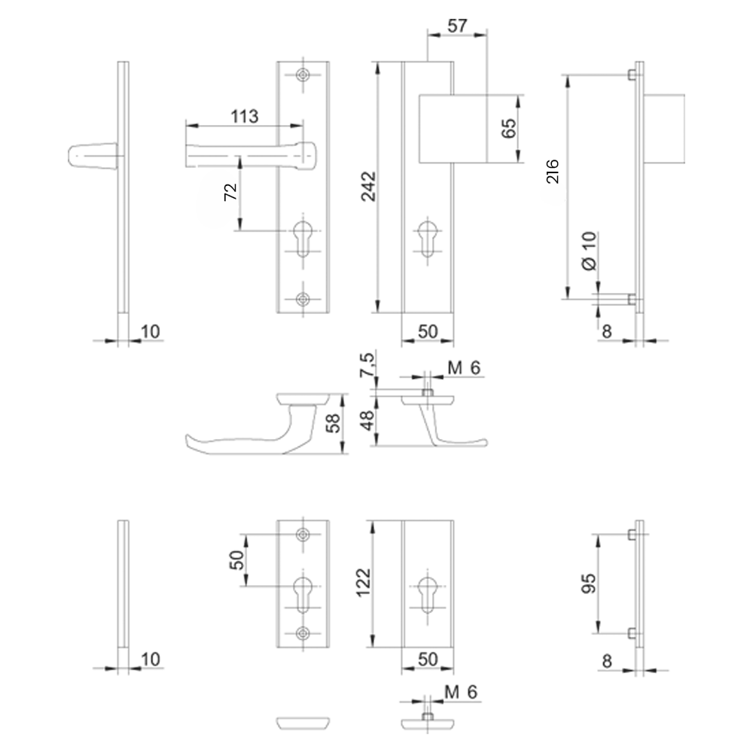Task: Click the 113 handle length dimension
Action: pos(245,116)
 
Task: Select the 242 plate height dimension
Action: pos(369,186)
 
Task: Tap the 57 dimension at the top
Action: pos(457,26)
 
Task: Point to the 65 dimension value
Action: pos(509,128)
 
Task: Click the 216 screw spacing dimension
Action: pos(553,172)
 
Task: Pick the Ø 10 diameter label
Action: pos(590,251)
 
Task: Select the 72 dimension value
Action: pos(231,192)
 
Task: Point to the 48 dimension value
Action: pos(367,421)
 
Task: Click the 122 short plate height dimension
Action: pos(364,583)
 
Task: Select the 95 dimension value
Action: pos(589,584)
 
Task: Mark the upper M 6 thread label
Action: pos(464,368)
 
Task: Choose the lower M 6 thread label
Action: pos(461,692)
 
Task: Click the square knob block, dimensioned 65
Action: pos(453,128)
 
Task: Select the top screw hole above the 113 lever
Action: pos(303,75)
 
